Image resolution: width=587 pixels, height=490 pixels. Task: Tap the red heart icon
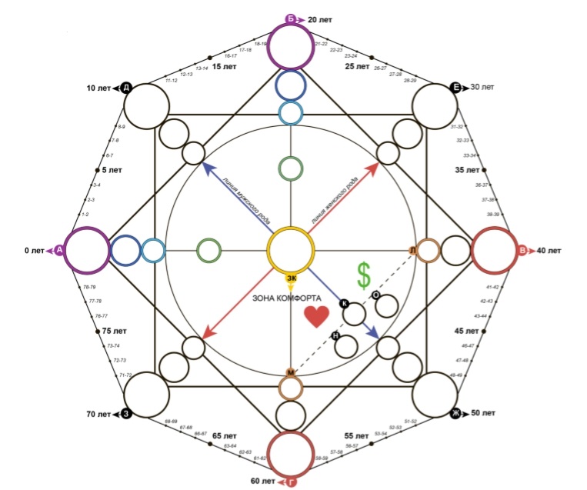point(315,316)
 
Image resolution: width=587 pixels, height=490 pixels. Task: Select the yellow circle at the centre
point(290,250)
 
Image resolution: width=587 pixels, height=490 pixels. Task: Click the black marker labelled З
point(125,414)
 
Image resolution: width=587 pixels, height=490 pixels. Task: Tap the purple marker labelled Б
point(291,18)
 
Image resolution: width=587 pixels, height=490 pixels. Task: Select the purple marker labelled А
point(59,250)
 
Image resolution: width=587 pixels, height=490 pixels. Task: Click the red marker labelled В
point(522,250)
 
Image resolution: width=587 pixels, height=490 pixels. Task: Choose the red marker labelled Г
point(291,482)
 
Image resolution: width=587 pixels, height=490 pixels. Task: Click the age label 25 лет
point(357,66)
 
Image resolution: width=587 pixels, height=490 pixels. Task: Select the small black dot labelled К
point(344,304)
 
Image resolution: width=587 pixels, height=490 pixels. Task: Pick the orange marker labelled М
point(291,373)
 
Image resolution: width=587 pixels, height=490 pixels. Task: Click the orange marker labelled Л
point(413,251)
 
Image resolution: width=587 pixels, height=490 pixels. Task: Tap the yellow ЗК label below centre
point(291,278)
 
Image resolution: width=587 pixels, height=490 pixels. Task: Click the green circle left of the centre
point(209,250)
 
